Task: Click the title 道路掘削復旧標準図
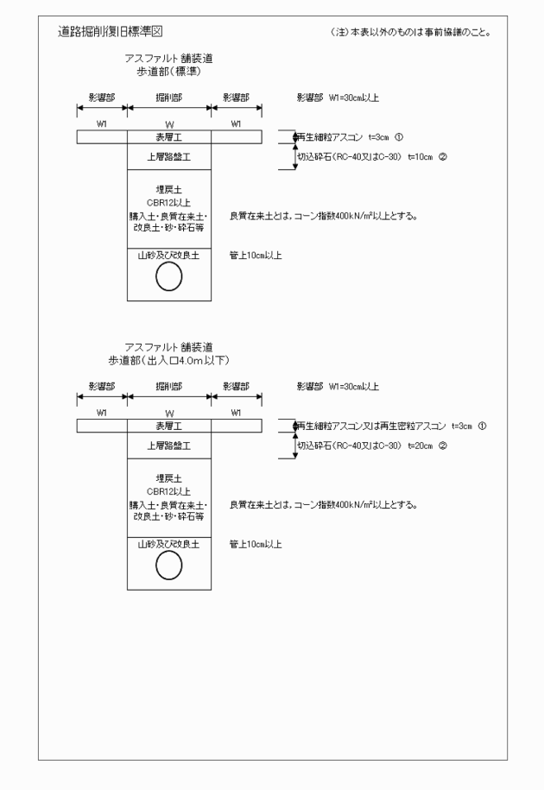(x=108, y=32)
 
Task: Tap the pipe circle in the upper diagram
(x=169, y=277)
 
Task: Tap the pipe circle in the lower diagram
(x=169, y=566)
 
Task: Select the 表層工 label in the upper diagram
(x=169, y=136)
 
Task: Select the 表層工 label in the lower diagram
(x=169, y=426)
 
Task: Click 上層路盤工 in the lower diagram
(x=169, y=446)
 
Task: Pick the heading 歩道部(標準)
(x=168, y=71)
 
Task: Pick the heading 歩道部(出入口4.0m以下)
(x=168, y=358)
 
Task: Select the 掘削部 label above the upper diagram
(x=169, y=98)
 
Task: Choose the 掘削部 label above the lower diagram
(x=169, y=386)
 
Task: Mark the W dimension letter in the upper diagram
(x=169, y=124)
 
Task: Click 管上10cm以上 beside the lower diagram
(x=256, y=544)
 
